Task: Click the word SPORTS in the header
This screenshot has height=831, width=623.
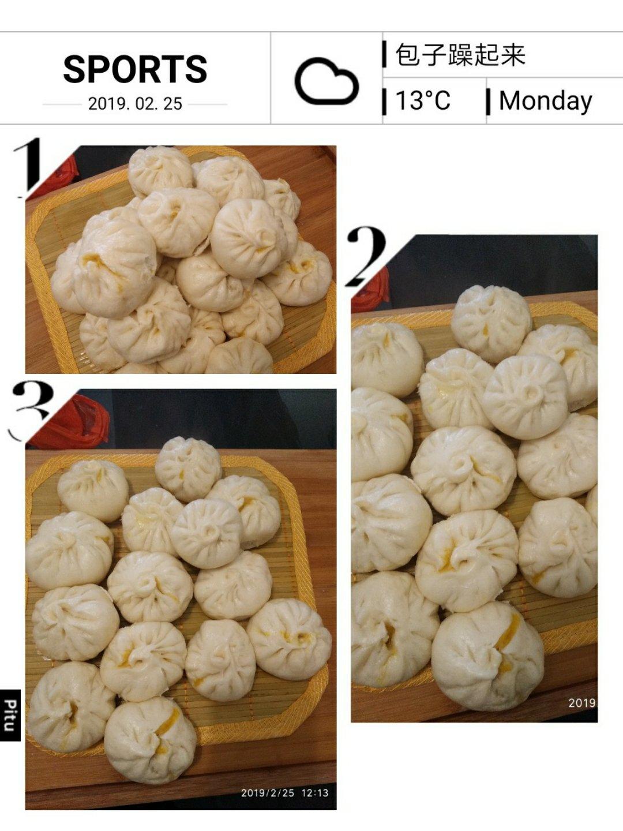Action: pyautogui.click(x=135, y=69)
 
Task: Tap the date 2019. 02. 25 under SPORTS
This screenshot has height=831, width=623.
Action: pyautogui.click(x=135, y=104)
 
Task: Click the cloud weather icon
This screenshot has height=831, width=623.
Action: pyautogui.click(x=326, y=81)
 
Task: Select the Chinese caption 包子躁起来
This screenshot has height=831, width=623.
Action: pyautogui.click(x=460, y=55)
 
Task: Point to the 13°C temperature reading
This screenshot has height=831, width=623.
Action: pyautogui.click(x=423, y=101)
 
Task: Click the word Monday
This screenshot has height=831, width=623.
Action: pyautogui.click(x=546, y=102)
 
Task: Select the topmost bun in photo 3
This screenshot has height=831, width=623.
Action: pyautogui.click(x=188, y=469)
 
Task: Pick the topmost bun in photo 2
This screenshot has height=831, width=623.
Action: pyautogui.click(x=491, y=324)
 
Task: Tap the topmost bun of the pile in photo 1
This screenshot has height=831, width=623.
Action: pyautogui.click(x=160, y=171)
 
